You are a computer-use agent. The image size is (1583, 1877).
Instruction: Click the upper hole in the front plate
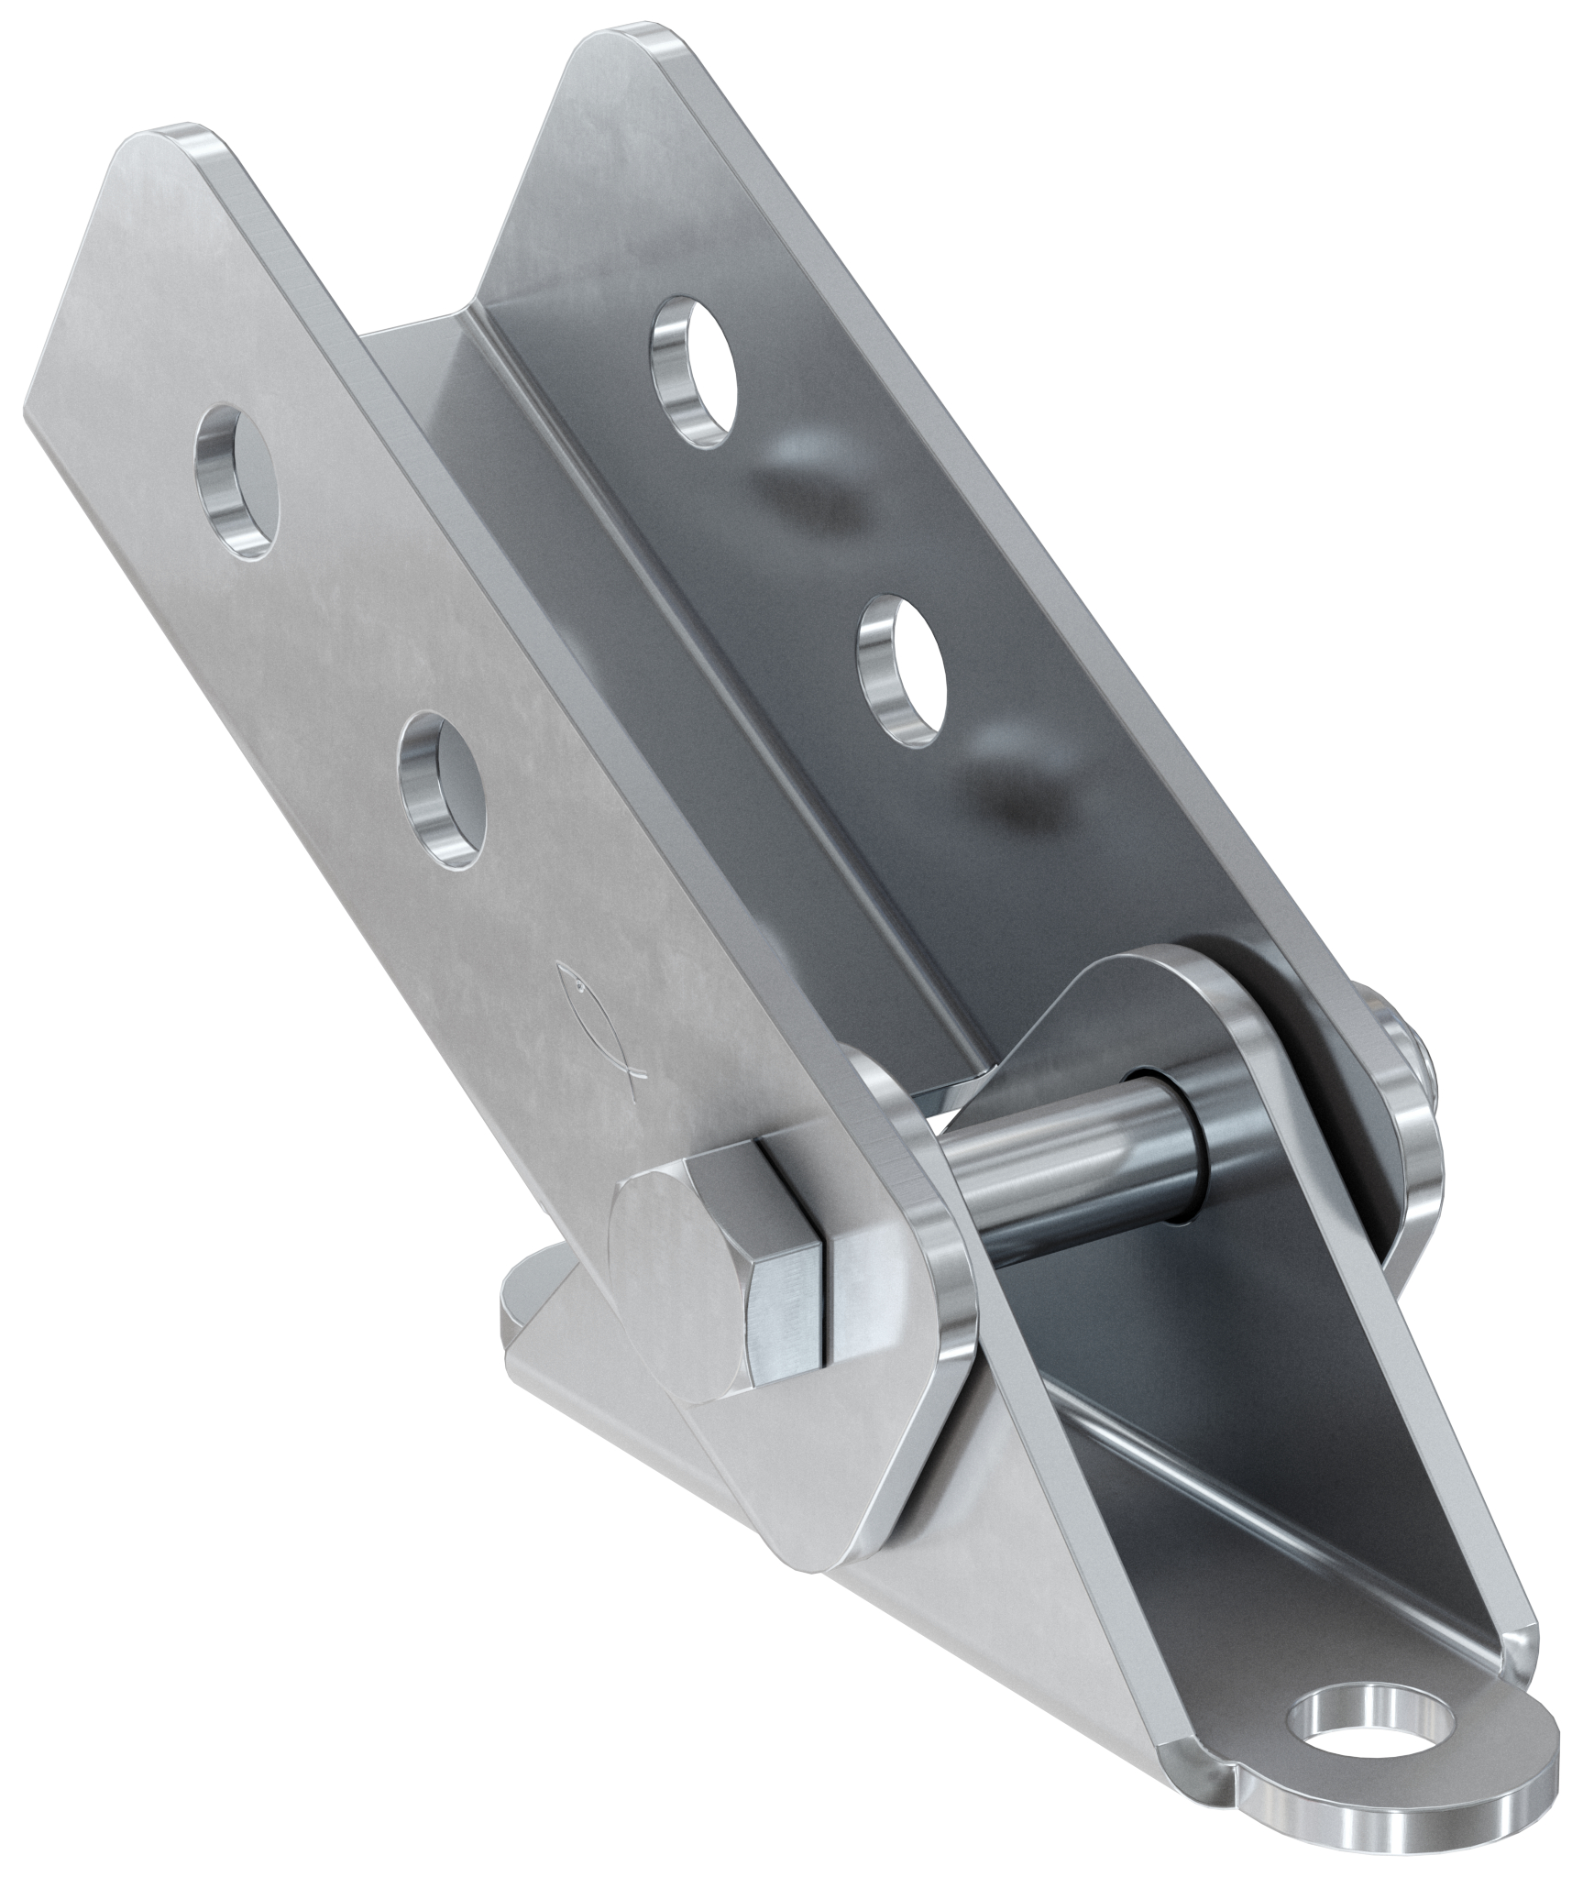pyautogui.click(x=236, y=478)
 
